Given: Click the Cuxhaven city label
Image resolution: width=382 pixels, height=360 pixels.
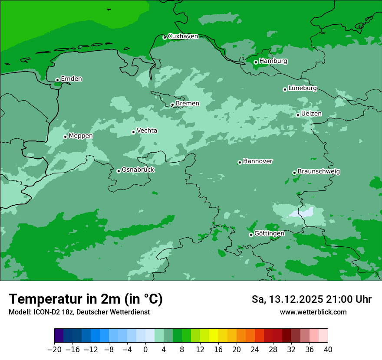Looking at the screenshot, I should (183, 36).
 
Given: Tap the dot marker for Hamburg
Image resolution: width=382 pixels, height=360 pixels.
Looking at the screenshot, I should (256, 62).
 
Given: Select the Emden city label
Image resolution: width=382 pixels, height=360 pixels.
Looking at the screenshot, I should (71, 79).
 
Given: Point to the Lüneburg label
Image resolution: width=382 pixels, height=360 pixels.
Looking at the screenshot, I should (303, 88).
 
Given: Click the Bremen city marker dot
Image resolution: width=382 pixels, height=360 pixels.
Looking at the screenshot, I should (172, 105).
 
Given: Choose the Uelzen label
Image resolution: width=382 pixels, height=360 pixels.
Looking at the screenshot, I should (311, 114).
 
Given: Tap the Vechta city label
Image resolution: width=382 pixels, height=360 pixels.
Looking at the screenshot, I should (147, 131).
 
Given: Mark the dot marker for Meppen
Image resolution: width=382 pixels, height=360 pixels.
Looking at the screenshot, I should (65, 137).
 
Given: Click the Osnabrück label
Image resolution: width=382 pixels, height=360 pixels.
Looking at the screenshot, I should (138, 170).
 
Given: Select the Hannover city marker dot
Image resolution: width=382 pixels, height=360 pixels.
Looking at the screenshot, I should (240, 162).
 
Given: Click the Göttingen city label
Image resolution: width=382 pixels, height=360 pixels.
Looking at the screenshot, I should (269, 233).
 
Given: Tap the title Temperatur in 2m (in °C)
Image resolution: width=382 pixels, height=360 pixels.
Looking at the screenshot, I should (86, 299).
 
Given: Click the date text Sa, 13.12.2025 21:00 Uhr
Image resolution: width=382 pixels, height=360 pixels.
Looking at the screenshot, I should (311, 299).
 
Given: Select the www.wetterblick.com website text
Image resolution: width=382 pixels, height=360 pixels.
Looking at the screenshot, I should (313, 312).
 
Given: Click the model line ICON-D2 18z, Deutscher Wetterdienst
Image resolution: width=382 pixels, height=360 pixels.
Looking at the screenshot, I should (79, 312).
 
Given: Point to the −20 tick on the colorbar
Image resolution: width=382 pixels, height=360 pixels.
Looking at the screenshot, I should (54, 350).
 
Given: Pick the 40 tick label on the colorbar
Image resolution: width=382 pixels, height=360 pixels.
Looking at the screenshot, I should (328, 350).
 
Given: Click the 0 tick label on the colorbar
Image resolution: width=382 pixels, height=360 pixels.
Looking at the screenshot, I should (145, 350).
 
